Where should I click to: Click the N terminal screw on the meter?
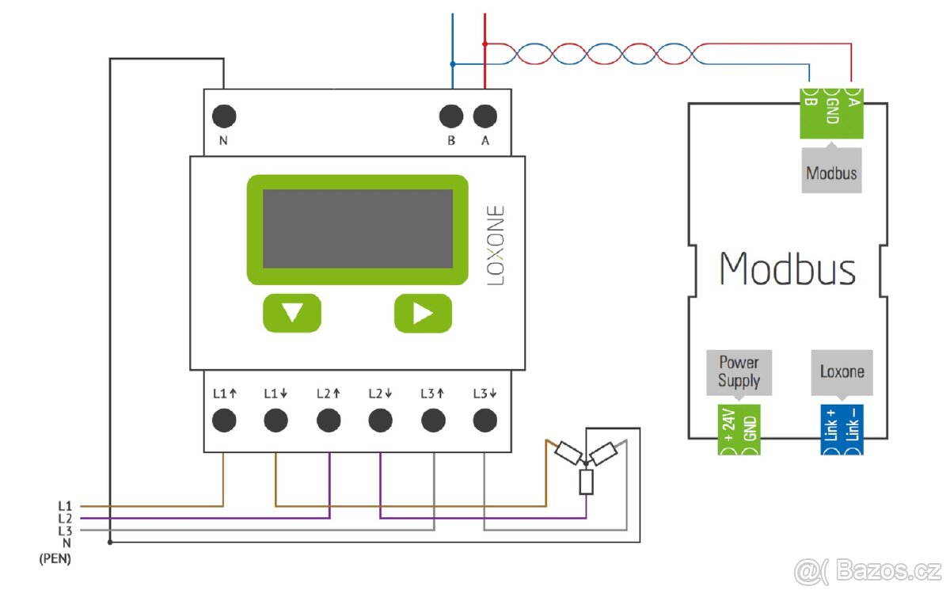(224, 116)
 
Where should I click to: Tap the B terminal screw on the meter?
(450, 116)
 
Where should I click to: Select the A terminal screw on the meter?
(485, 116)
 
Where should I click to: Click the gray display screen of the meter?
(357, 229)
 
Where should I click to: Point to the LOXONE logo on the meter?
(496, 246)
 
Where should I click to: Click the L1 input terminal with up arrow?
(224, 420)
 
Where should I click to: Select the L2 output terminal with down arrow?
(381, 420)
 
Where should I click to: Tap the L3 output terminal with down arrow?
(484, 420)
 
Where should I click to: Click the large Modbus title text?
(788, 269)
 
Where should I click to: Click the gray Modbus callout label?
(831, 172)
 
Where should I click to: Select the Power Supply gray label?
(739, 372)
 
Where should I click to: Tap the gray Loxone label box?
(842, 372)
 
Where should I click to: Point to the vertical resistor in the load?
(586, 482)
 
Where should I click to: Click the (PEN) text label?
(55, 559)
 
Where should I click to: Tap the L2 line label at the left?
(65, 518)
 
